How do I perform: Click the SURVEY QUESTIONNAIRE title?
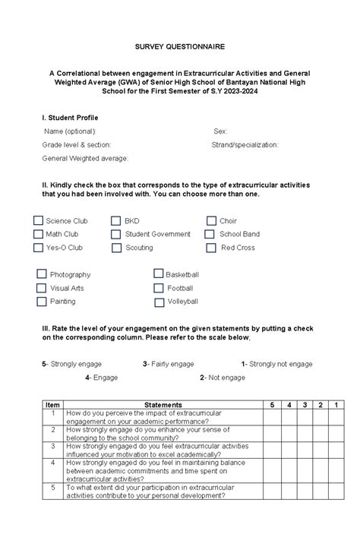coord(180,46)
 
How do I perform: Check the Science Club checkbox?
coord(38,221)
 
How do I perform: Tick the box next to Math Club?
coord(38,235)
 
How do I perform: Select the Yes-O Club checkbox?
coord(38,248)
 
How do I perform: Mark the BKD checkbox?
coord(116,221)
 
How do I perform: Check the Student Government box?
coord(116,235)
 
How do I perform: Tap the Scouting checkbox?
coord(116,248)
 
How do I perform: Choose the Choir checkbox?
coord(211,221)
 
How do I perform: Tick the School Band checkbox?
coord(211,235)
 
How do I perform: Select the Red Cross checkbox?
coord(211,248)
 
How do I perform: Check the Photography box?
coord(41,274)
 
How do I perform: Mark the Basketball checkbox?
coord(159,274)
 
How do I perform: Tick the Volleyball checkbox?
coord(159,302)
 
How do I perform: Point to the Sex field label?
coord(220,131)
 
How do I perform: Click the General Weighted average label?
coord(85,158)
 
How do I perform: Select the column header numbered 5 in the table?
coord(271,405)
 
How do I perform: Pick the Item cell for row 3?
coord(52,447)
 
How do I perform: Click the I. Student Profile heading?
coord(70,118)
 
